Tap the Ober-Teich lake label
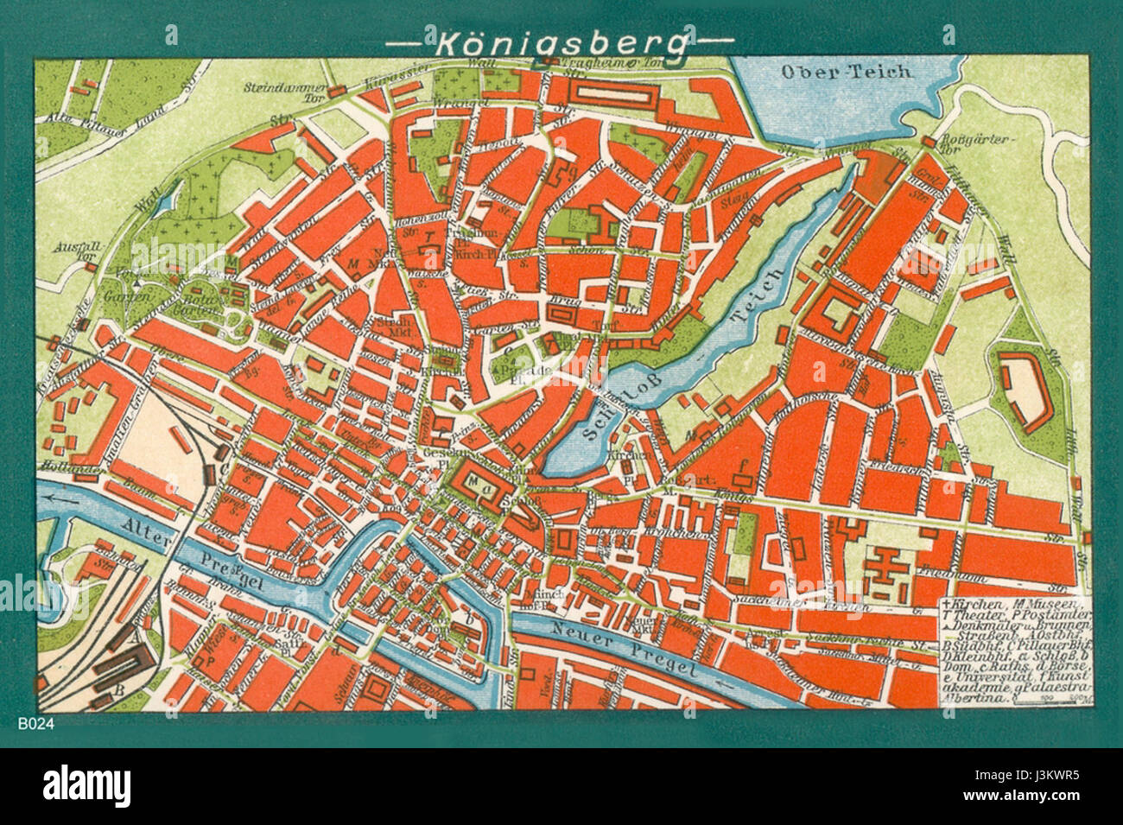[x=846, y=72]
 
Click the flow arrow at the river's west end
[x=60, y=497]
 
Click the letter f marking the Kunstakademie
[x=741, y=466]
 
